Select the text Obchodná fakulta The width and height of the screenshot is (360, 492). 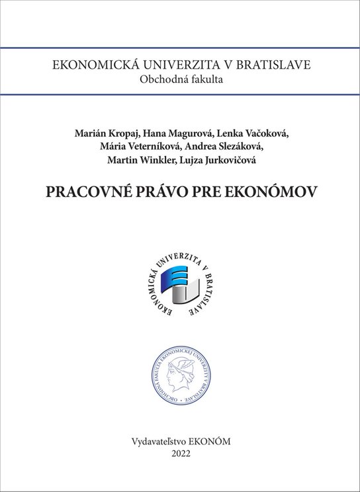pos(180,81)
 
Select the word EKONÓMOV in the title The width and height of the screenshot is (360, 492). pos(270,191)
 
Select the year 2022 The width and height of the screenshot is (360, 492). pos(180,453)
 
